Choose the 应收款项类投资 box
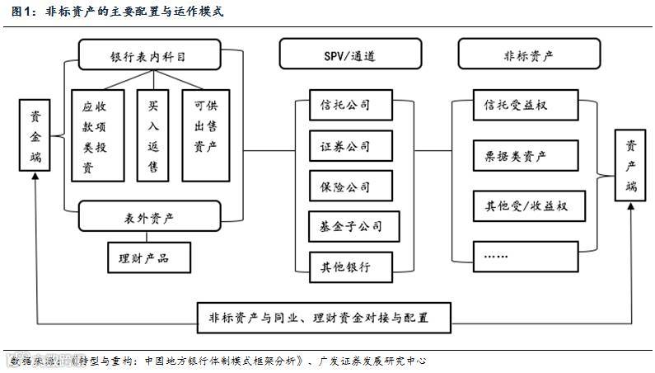(x=97, y=135)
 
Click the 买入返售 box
(x=152, y=135)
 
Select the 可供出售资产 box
(x=205, y=135)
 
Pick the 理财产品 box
(x=148, y=257)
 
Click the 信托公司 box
(x=345, y=106)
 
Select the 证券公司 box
(x=345, y=146)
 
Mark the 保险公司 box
(x=345, y=186)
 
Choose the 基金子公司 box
(x=345, y=225)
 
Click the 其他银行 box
(x=345, y=267)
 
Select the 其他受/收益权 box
(x=527, y=205)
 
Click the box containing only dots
(x=527, y=255)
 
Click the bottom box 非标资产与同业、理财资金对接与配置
(x=324, y=316)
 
